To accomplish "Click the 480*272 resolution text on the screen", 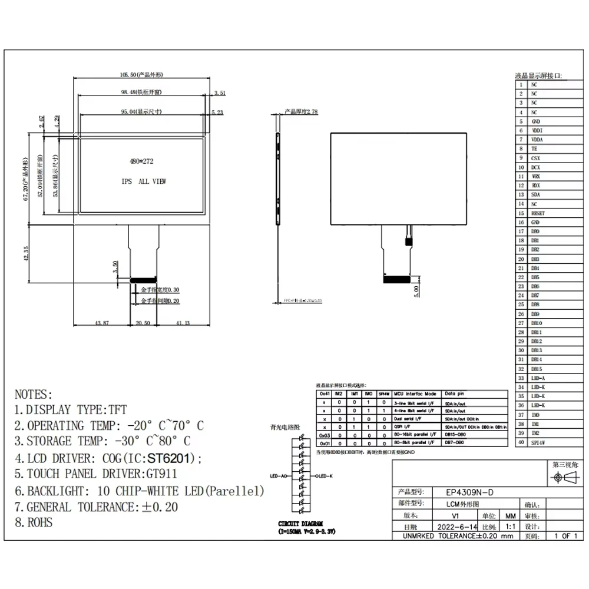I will (141, 160).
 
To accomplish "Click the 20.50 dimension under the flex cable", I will (143, 323).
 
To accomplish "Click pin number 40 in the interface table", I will (521, 442).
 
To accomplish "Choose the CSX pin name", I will (535, 158).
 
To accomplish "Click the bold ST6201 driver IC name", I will (171, 458).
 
